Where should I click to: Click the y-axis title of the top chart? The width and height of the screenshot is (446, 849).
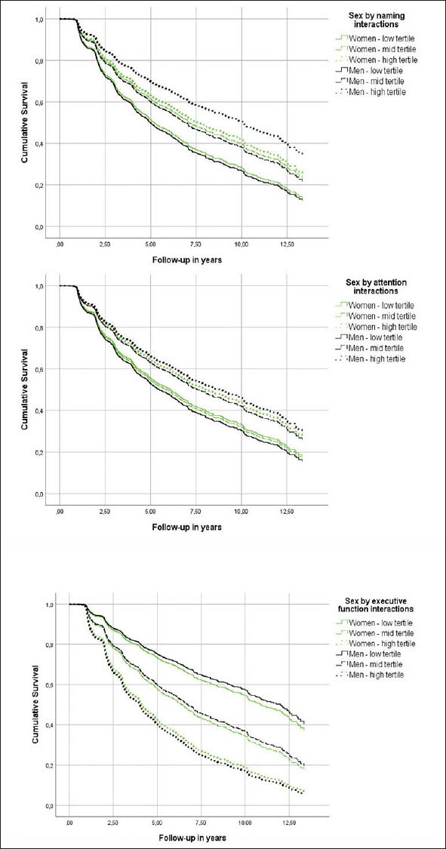pyautogui.click(x=26, y=121)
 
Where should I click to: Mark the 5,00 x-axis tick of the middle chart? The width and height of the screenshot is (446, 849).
pyautogui.click(x=150, y=512)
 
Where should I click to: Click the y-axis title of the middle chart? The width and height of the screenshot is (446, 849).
pyautogui.click(x=26, y=389)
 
